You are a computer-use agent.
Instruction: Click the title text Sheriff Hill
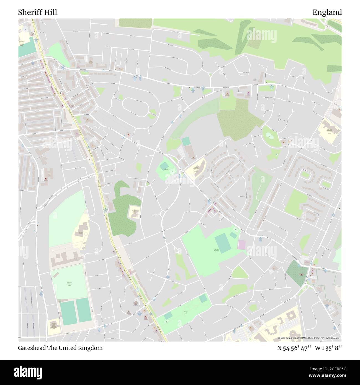pos(38,12)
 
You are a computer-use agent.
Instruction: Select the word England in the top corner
pos(327,12)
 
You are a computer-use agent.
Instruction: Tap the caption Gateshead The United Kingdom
pos(60,348)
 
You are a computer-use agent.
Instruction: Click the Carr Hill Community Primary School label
pos(196,169)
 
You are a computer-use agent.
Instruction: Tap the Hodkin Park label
pos(186,312)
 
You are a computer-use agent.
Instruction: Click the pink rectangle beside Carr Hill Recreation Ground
pos(242,244)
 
